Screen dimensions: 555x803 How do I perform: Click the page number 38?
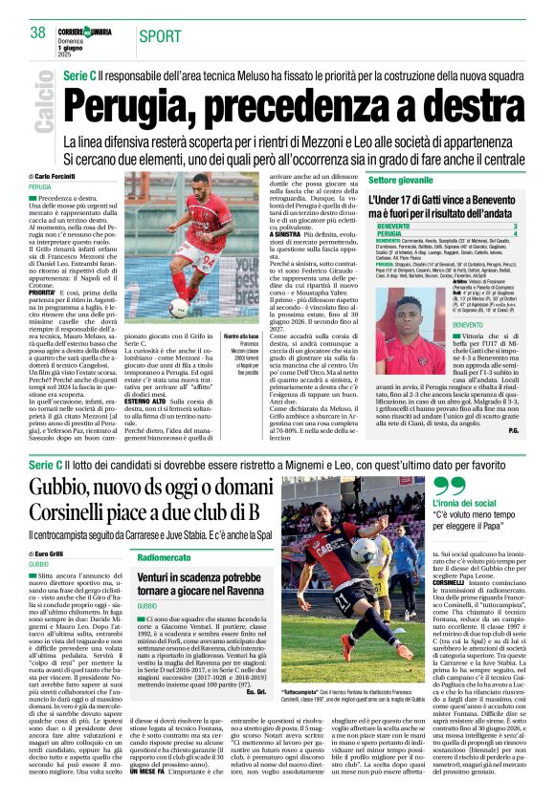click(x=37, y=33)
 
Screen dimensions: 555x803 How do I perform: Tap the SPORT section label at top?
click(x=161, y=36)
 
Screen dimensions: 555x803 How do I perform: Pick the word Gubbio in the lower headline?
click(x=59, y=485)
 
